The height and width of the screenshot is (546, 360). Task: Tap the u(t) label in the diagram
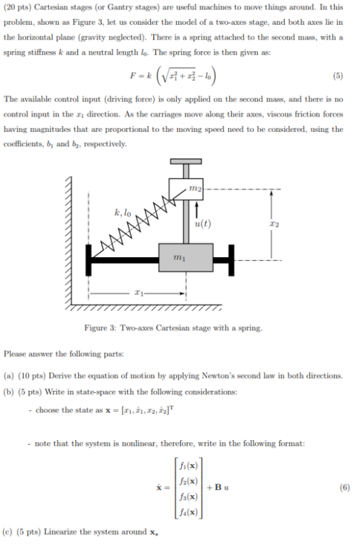point(203,224)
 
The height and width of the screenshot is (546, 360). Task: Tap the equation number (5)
point(337,75)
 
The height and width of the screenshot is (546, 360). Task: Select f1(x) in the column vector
point(192,465)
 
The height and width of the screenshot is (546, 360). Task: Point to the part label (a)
point(10,376)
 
